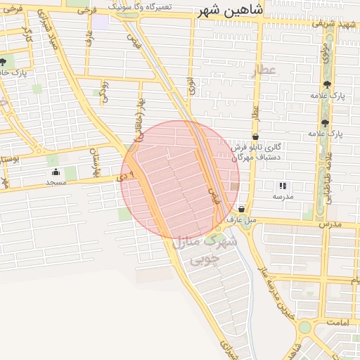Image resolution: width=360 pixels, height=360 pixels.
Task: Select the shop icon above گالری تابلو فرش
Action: (255, 136)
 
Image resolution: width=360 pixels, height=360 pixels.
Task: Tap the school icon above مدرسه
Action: (282, 186)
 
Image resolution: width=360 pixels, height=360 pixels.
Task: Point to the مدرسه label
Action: (282, 196)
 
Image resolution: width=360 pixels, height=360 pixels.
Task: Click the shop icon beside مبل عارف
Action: (242, 209)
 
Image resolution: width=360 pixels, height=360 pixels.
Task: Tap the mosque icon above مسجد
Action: (56, 172)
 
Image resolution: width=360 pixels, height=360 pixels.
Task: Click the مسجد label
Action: (56, 183)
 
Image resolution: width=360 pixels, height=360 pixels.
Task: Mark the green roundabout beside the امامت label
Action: (305, 328)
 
